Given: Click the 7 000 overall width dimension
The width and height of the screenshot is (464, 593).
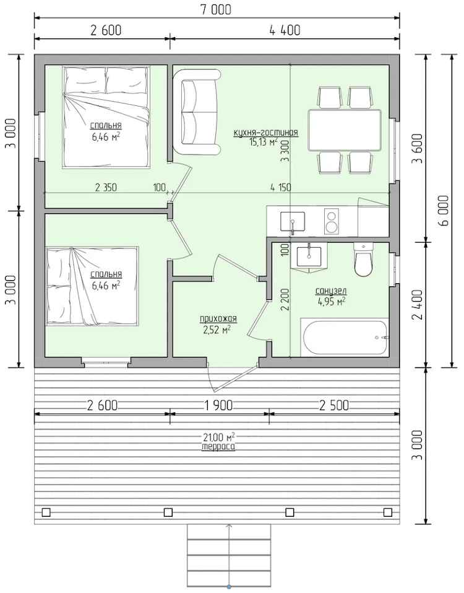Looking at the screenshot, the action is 216,9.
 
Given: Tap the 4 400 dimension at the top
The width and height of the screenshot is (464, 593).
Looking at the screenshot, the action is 285,30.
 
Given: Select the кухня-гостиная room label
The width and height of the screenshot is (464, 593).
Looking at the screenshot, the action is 266,133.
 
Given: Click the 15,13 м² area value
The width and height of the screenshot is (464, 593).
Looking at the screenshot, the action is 263,142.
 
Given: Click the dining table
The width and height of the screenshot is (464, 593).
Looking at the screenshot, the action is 345,130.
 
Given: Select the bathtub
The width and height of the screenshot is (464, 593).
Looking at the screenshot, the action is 344,337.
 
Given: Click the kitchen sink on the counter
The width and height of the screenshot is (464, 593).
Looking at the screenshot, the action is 292,222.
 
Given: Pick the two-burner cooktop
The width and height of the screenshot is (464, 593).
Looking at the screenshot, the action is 331,222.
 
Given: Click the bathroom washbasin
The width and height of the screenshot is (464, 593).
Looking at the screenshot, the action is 309,258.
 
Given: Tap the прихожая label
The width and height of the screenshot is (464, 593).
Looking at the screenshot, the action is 218,319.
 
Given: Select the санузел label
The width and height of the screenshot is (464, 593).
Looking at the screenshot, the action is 331,291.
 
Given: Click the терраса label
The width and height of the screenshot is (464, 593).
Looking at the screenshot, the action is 218,447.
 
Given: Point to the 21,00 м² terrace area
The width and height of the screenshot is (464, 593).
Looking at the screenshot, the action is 219,438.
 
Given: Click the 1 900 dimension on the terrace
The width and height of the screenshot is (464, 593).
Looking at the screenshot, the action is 218,405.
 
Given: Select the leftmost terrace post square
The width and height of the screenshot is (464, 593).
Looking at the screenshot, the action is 46,512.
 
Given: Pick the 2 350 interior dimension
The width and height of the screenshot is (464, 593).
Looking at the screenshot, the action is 106,187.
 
